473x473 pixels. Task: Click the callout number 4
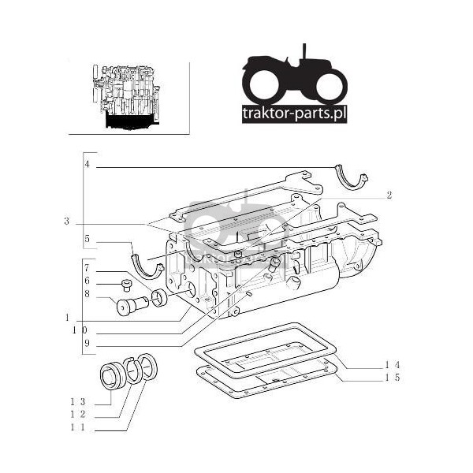pyautogui.click(x=88, y=165)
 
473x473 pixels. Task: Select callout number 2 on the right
pyautogui.click(x=389, y=196)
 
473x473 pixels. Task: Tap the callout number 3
pyautogui.click(x=67, y=222)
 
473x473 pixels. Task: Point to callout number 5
pyautogui.click(x=88, y=239)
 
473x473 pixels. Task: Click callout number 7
pyautogui.click(x=87, y=268)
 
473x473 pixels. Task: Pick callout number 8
pyautogui.click(x=87, y=294)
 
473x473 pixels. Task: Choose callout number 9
pyautogui.click(x=87, y=343)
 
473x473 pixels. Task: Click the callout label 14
pyautogui.click(x=393, y=365)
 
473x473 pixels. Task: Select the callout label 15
pyautogui.click(x=393, y=378)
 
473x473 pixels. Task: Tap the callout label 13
pyautogui.click(x=78, y=402)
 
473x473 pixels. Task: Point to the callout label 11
pyautogui.click(x=78, y=427)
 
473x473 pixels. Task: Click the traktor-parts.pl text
pyautogui.click(x=294, y=114)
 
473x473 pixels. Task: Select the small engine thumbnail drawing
pyautogui.click(x=126, y=97)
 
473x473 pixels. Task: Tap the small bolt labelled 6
pyautogui.click(x=126, y=285)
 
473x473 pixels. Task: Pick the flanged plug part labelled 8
pyautogui.click(x=132, y=305)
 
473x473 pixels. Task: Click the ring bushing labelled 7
pyautogui.click(x=159, y=298)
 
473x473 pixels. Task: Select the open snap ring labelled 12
pyautogui.click(x=134, y=370)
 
